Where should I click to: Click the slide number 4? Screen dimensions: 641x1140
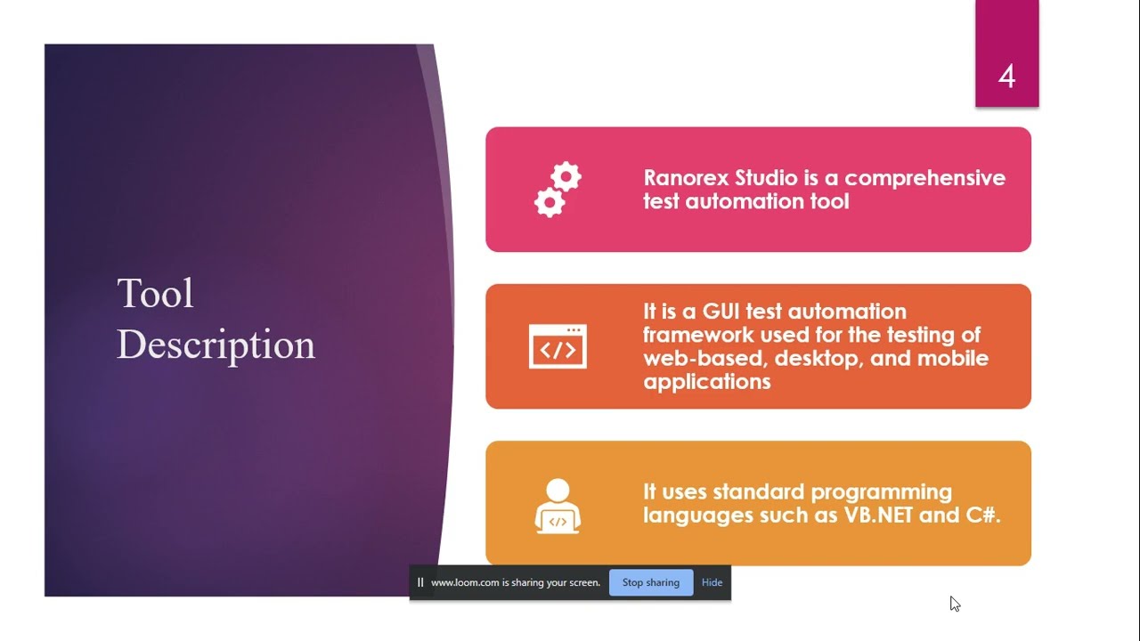pyautogui.click(x=1006, y=77)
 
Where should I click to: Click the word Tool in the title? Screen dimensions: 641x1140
pyautogui.click(x=155, y=294)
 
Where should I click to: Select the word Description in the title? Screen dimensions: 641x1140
pyautogui.click(x=216, y=345)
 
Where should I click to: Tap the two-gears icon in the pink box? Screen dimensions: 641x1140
pyautogui.click(x=558, y=190)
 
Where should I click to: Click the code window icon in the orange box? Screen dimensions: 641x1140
pyautogui.click(x=558, y=346)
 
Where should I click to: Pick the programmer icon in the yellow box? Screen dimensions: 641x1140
pyautogui.click(x=558, y=506)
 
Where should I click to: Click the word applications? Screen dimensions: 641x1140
pyautogui.click(x=706, y=382)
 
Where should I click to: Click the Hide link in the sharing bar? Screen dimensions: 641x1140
pyautogui.click(x=712, y=582)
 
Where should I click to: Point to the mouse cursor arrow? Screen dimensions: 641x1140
pyautogui.click(x=954, y=603)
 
